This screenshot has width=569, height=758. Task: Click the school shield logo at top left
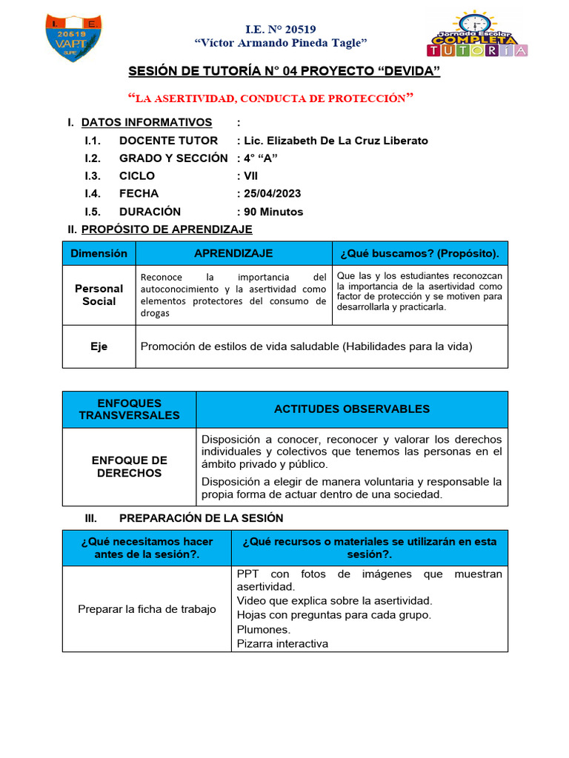point(73,37)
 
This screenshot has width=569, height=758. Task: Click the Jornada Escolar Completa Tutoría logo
point(477,35)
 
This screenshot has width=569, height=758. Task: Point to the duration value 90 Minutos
point(270,212)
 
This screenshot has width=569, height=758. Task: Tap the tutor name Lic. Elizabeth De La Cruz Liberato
point(332,141)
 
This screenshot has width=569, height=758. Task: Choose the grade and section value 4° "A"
point(257,158)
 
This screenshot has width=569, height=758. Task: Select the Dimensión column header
point(99,253)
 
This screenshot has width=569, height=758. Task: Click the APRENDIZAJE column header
point(233,253)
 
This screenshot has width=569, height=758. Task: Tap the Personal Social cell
point(99,295)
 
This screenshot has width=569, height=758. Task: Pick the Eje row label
point(99,346)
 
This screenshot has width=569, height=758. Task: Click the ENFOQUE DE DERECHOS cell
point(129,466)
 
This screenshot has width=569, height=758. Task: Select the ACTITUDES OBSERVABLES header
point(352,409)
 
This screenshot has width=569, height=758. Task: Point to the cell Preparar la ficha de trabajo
point(147,609)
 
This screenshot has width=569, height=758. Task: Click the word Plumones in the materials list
point(263,629)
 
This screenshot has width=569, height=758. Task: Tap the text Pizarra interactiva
point(282,643)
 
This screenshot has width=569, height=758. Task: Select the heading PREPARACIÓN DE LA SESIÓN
point(201,518)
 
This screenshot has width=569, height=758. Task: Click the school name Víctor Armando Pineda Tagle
point(280,44)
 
